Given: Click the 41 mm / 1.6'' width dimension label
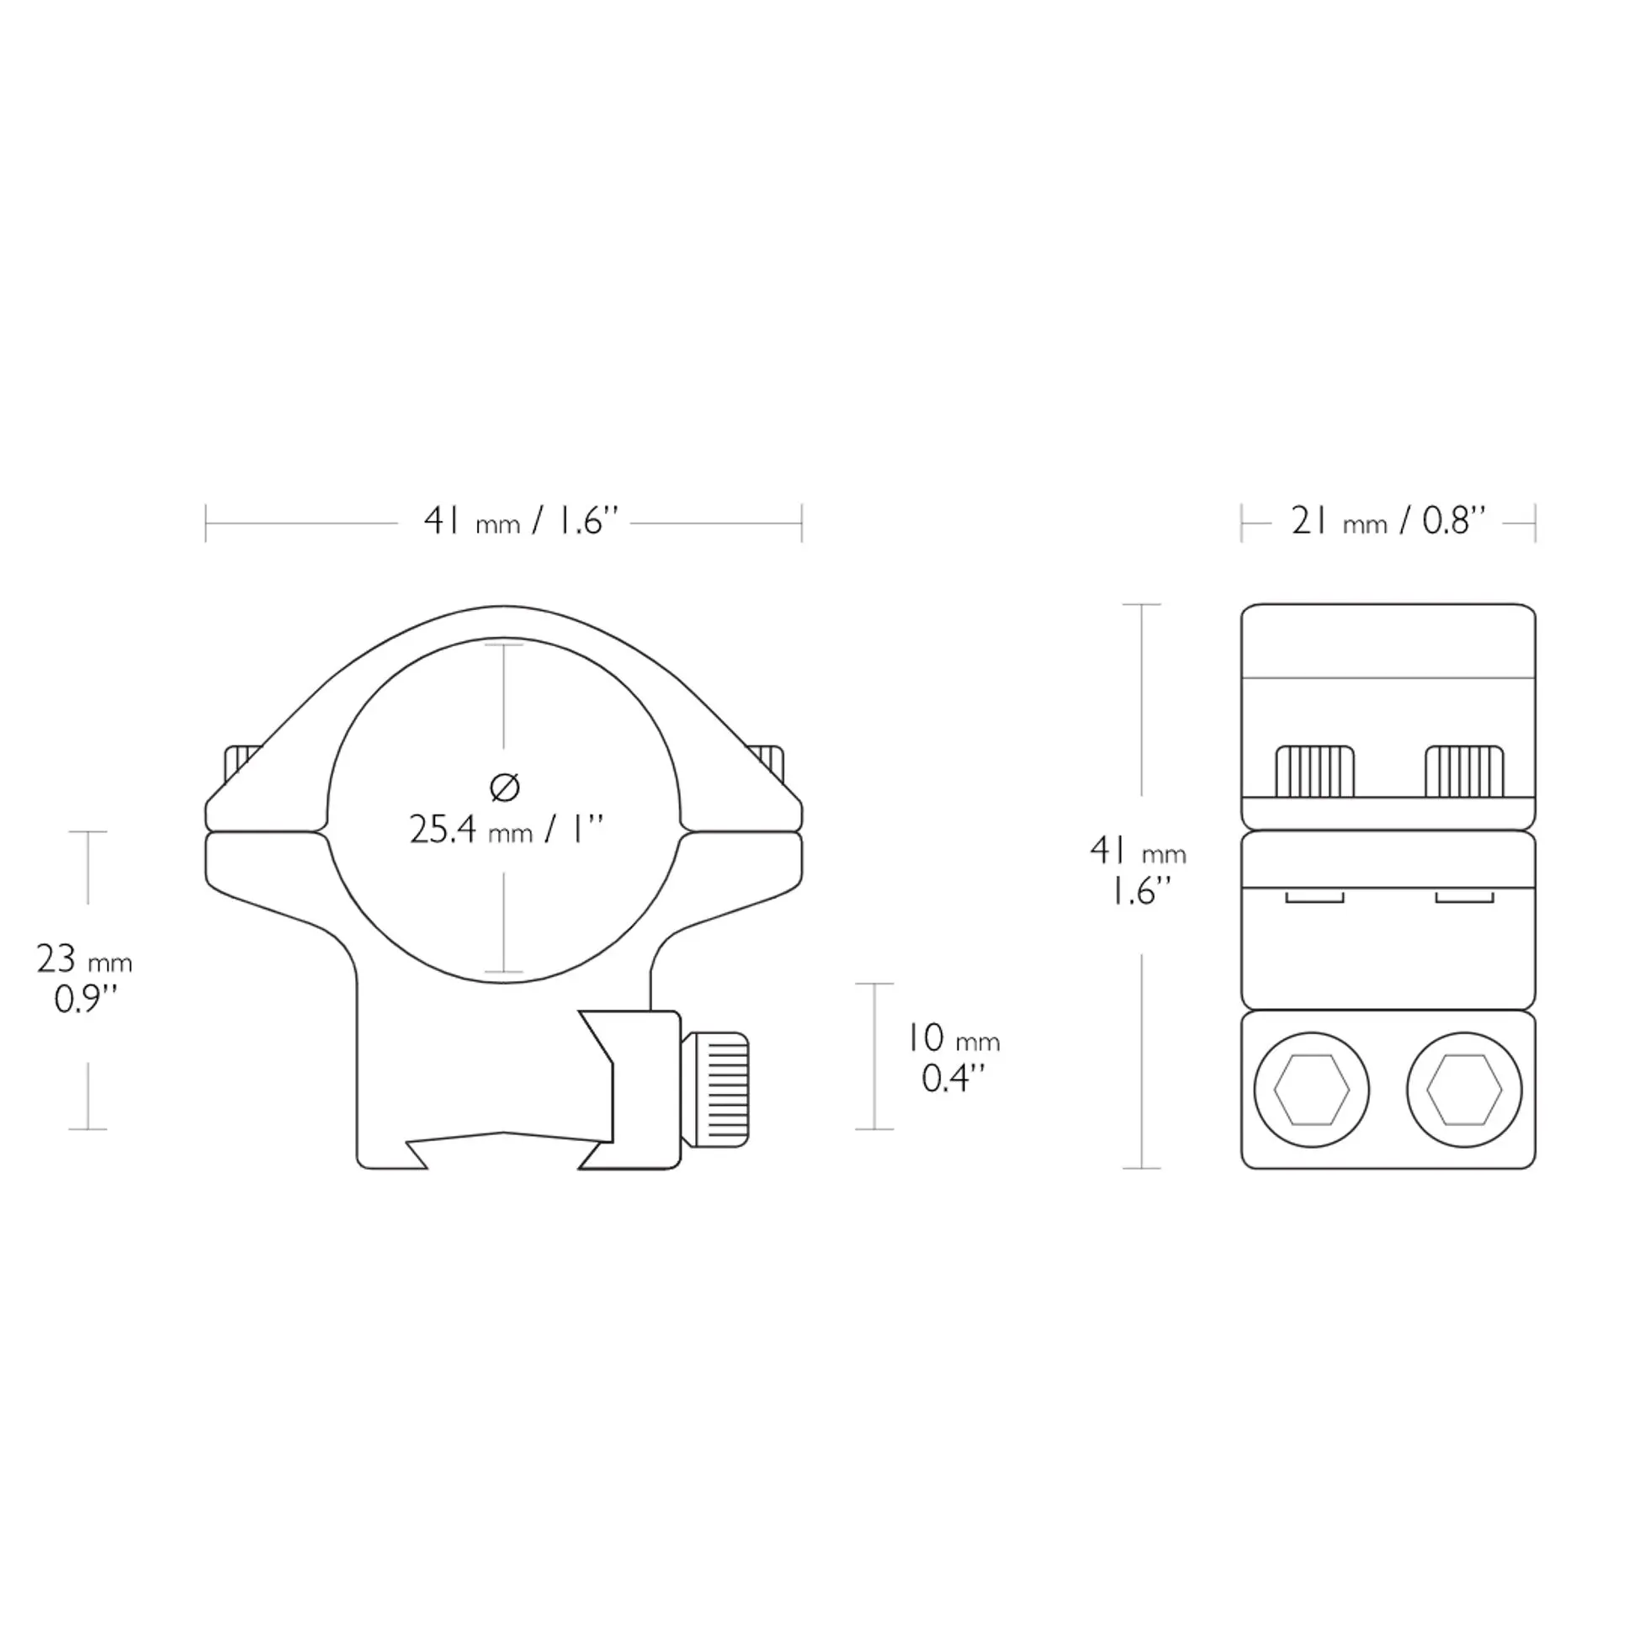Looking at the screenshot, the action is pyautogui.click(x=520, y=521).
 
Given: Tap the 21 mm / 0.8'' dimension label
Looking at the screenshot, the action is pyautogui.click(x=1388, y=521).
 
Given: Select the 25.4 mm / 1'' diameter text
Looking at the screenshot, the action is pyautogui.click(x=507, y=830).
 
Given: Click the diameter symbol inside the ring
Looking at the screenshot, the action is pyautogui.click(x=505, y=788).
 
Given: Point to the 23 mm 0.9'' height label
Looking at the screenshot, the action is pyautogui.click(x=85, y=979).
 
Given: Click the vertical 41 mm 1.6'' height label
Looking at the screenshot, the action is pyautogui.click(x=1138, y=870).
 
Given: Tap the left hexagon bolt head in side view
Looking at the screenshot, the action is pyautogui.click(x=1312, y=1090).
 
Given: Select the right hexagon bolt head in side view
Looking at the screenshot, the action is pyautogui.click(x=1464, y=1090).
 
